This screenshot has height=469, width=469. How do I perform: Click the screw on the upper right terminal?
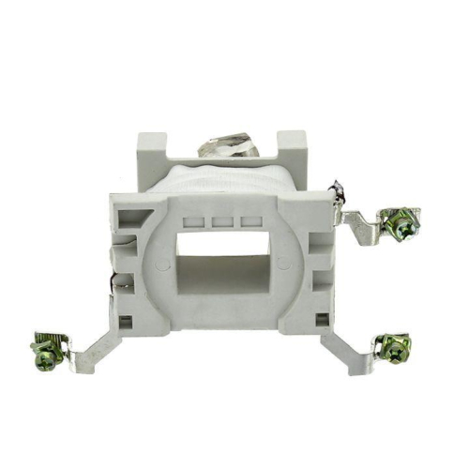pos(401,226)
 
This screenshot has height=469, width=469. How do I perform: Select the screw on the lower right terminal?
pos(393,349)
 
